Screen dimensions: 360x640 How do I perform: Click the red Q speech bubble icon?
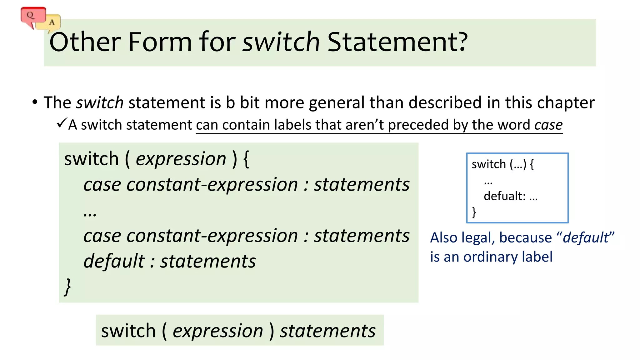point(32,16)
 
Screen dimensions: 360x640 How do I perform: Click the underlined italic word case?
point(548,125)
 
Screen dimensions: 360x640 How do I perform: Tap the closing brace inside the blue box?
point(474,212)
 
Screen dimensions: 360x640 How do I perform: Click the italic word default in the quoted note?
point(586,237)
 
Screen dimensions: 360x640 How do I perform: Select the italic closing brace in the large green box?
point(67,287)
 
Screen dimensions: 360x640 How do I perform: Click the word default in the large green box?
point(114,261)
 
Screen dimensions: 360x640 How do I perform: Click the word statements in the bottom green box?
point(327,331)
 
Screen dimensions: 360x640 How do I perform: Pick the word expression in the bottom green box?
point(218,331)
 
